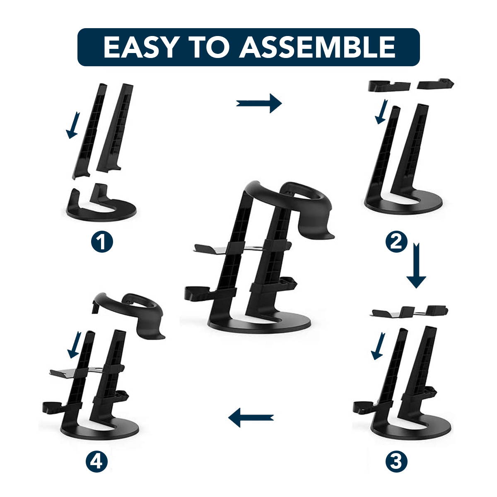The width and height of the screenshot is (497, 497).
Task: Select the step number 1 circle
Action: pos(102,242)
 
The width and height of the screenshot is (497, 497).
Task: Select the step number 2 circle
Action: pos(396,242)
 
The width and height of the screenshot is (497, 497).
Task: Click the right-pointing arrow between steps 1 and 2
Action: pos(259,104)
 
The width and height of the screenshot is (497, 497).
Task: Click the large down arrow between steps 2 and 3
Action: pos(416,265)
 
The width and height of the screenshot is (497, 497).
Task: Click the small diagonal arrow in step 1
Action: pos(73,125)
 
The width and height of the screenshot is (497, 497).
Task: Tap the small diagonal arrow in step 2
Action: pos(381,111)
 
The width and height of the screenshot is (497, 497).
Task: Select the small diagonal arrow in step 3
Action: pos(378,346)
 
